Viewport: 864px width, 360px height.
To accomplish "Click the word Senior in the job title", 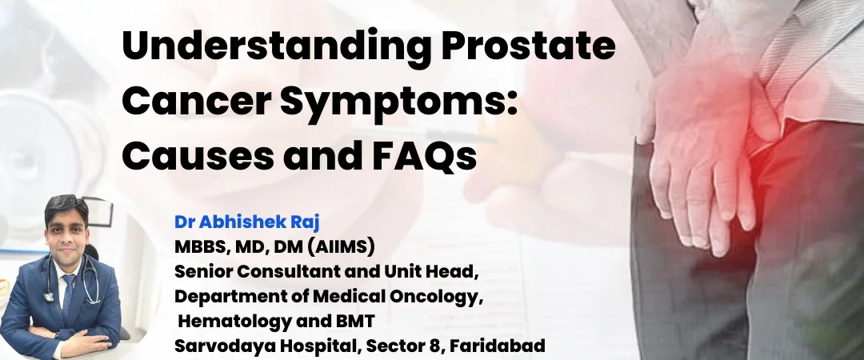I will [x=202, y=271].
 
